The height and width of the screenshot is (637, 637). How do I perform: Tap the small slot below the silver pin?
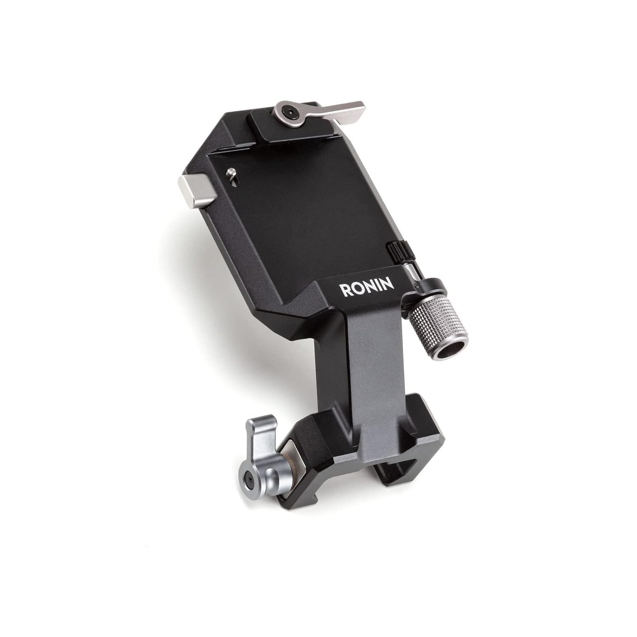234,181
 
